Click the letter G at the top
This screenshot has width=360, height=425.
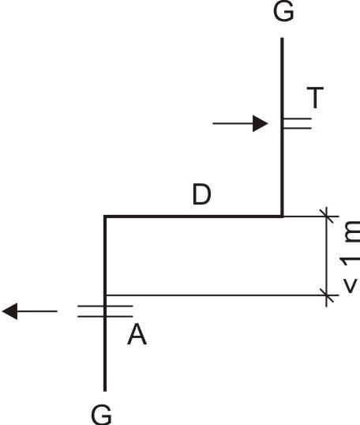[283, 11]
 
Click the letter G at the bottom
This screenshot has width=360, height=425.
[102, 415]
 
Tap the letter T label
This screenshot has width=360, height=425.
[315, 97]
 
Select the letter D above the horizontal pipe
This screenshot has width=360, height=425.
[201, 194]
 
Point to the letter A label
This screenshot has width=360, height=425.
[137, 335]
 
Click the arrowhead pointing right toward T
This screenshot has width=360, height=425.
[260, 123]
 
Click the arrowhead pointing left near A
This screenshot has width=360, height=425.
[10, 311]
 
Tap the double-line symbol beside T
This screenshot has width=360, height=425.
[297, 123]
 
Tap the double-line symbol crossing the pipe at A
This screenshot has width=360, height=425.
[105, 311]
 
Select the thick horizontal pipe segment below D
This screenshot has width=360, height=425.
[193, 216]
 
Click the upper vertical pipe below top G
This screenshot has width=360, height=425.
[282, 127]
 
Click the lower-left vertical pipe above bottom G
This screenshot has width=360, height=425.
[105, 303]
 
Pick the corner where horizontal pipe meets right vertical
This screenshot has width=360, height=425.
[282, 216]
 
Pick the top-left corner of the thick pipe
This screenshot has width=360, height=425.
[105, 216]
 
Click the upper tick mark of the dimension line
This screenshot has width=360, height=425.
[326, 216]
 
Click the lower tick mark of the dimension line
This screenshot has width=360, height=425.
[326, 295]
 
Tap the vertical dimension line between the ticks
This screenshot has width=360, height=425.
[326, 256]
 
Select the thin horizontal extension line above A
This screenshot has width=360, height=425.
[222, 295]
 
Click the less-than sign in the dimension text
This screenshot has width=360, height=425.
[350, 285]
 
